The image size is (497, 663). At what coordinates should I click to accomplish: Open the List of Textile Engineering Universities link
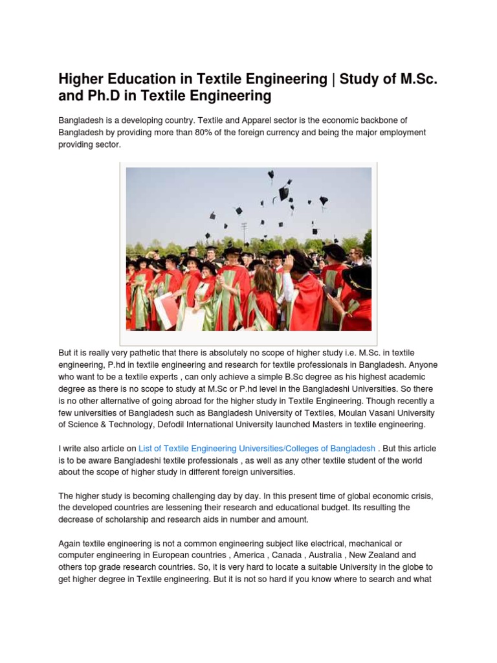pyautogui.click(x=257, y=449)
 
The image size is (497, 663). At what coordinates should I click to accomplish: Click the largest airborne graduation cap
pyautogui.click(x=284, y=192)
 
